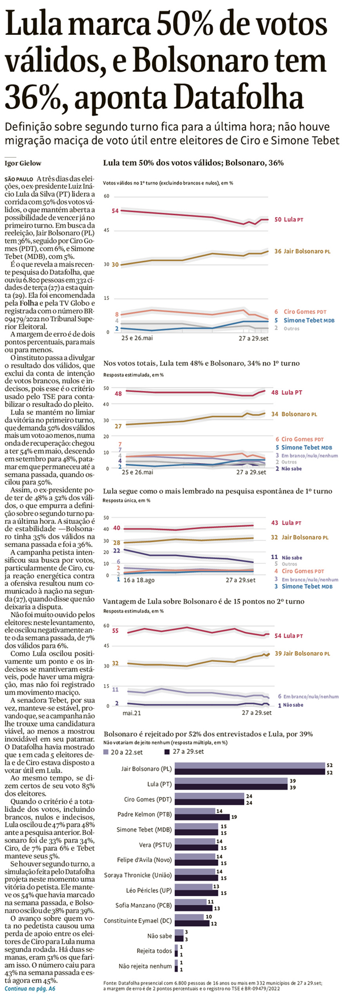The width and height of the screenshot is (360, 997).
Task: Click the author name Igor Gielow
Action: tap(23, 163)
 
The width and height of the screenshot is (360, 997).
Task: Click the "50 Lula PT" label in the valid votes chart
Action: tap(289, 219)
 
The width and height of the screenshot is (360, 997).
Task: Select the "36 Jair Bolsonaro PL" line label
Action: tap(301, 251)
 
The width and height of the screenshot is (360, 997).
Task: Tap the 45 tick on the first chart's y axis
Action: tap(106, 230)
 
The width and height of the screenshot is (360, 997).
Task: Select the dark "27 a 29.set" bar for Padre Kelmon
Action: tap(202, 817)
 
